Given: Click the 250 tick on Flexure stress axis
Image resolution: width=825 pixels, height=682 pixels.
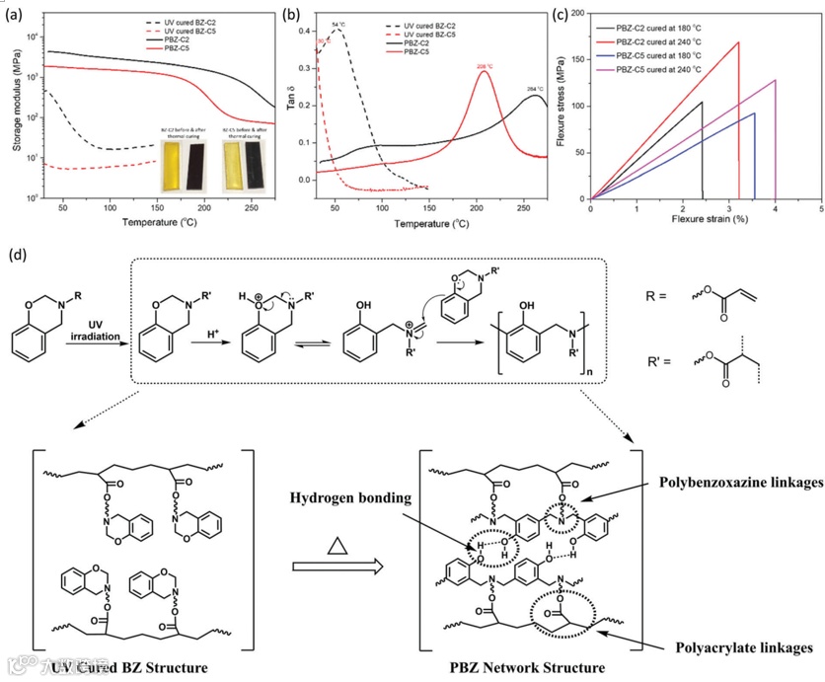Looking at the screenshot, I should click(578, 14).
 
